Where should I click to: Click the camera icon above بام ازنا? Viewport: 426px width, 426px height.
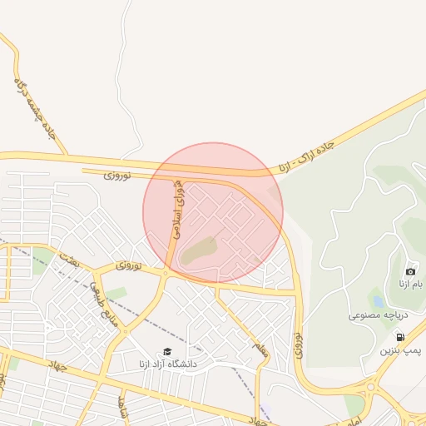pos(410,271)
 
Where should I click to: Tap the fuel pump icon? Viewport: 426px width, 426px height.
pos(401,337)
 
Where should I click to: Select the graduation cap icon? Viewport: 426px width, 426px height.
pos(166,352)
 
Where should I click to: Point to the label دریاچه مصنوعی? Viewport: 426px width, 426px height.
pos(376,316)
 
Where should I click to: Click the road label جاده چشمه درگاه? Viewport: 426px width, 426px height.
pos(34,107)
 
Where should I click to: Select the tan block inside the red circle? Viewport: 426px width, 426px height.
pos(198,250)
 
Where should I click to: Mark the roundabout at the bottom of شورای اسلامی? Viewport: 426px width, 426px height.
pos(166,272)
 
